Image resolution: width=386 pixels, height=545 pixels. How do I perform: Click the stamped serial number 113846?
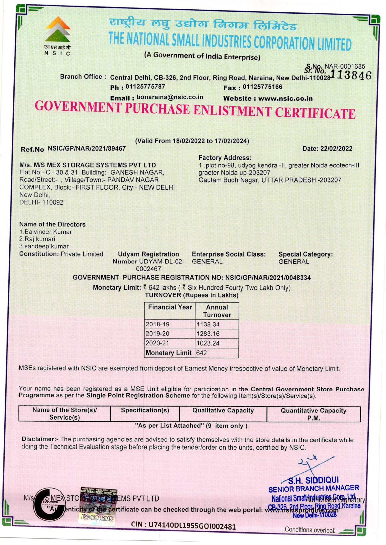pos(351,75)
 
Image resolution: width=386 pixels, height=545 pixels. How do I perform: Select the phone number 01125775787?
pos(145,87)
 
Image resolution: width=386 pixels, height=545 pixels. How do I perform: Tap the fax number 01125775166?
pos(262,87)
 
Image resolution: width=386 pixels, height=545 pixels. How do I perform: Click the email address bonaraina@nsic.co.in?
pos(170,97)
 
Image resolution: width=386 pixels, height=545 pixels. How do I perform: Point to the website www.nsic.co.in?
pos(285,98)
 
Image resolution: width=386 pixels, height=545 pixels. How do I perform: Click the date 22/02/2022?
pos(337,148)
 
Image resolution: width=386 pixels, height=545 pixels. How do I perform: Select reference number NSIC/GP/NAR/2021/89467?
pos(87,148)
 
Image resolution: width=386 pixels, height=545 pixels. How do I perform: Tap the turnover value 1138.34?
pos(208,325)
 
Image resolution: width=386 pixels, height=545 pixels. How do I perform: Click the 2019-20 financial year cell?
pos(158,334)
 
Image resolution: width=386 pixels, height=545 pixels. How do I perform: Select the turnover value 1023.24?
pos(208,343)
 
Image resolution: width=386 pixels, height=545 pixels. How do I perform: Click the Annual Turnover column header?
pos(217,311)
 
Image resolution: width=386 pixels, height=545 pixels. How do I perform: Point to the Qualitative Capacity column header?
pos(223,411)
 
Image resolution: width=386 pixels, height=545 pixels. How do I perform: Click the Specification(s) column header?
pos(145,410)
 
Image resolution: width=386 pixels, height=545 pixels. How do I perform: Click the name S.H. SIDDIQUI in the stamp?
pos(313,480)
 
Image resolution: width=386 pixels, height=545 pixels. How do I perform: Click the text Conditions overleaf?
pos(310,530)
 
